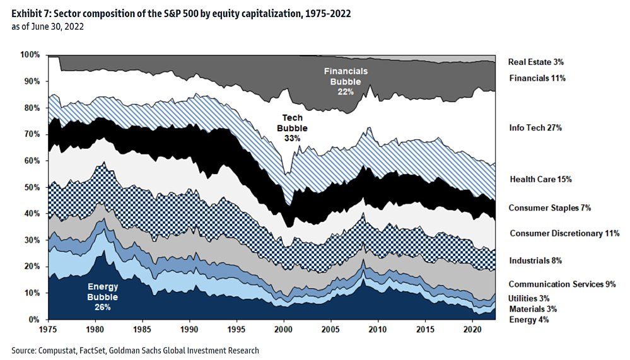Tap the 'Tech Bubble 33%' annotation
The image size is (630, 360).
(292, 127)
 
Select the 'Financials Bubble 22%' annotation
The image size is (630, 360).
(346, 81)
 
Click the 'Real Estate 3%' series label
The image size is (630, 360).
(536, 62)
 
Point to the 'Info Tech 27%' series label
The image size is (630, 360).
(535, 128)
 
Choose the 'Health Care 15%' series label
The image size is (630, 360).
(540, 179)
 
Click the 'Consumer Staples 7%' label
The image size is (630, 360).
(549, 207)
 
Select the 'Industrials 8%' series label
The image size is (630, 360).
(535, 260)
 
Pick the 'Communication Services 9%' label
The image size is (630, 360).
(562, 284)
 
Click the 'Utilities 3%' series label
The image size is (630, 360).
(530, 298)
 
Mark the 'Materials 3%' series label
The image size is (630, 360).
(532, 309)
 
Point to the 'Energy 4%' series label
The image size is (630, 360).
(528, 320)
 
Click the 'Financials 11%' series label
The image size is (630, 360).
(537, 78)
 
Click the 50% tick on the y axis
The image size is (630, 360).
(32, 187)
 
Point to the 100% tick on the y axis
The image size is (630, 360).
(30, 55)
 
